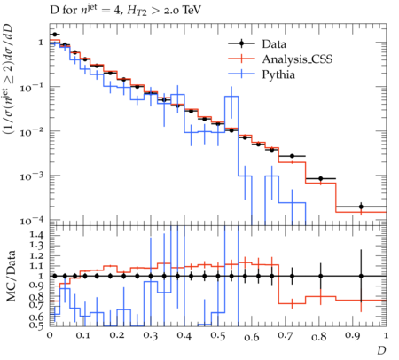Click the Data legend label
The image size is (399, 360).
pos(274,44)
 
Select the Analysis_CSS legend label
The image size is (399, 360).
pos(297,59)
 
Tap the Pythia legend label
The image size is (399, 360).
pos(278,74)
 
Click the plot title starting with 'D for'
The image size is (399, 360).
pos(125,11)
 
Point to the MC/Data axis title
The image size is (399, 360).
pos(11,276)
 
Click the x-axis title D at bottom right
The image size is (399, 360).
pos(381,350)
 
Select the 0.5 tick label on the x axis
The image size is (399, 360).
pos(218,336)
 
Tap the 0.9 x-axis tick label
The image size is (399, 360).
pos(353,336)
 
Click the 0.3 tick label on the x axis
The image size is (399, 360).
pos(151,336)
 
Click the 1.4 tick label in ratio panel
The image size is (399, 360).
pos(36,235)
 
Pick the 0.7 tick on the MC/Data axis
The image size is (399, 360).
pos(36,304)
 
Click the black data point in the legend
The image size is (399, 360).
pos(241,43)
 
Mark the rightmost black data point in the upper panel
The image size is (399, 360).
pos(361,207)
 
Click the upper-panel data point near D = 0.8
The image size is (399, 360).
pos(321,178)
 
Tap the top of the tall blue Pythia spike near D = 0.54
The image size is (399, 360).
pos(231,96)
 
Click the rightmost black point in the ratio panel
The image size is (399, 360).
pos(361,276)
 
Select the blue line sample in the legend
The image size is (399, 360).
pos(241,74)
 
